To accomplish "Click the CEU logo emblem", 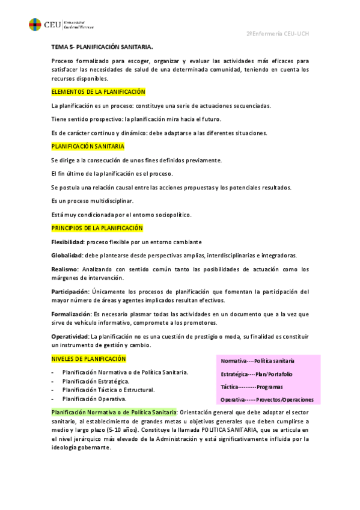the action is click(35, 24).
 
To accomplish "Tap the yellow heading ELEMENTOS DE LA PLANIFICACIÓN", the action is click(99, 91).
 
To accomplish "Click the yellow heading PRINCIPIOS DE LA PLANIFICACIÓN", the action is click(97, 228).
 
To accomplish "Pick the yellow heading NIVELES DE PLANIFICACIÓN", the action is click(89, 358).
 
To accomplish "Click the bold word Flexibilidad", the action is click(68, 242).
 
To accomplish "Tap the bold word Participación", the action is click(70, 292).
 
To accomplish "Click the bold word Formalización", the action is click(71, 314).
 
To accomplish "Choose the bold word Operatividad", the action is click(70, 336).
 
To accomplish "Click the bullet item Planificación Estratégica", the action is click(96, 381).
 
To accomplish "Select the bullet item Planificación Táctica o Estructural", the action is click(109, 390).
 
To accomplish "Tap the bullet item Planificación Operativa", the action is click(94, 399).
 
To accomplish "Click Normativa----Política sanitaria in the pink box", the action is click(258, 361).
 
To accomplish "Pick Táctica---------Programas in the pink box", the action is click(252, 387).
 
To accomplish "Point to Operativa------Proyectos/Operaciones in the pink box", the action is click(263, 399).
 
